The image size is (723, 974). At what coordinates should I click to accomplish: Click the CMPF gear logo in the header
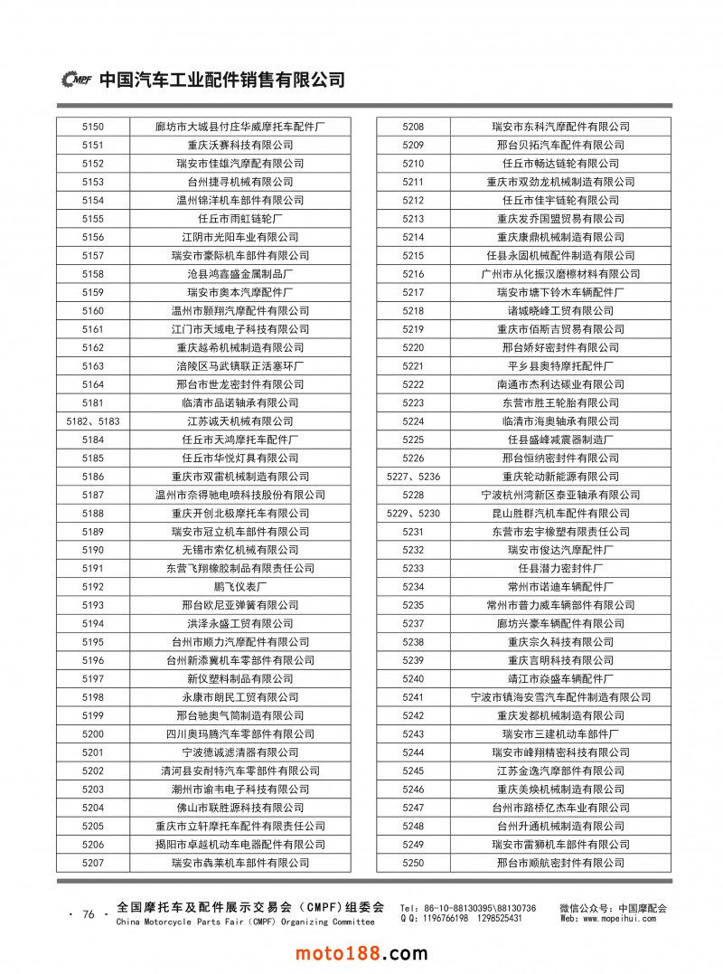tap(77, 80)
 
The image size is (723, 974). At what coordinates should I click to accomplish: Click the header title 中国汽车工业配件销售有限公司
tap(221, 80)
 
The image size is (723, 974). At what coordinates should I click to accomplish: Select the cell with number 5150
tap(93, 127)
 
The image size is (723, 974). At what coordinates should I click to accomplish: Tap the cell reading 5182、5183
tap(93, 421)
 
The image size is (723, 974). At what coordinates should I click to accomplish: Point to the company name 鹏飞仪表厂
tap(239, 587)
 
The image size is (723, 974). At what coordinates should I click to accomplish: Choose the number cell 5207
tap(93, 863)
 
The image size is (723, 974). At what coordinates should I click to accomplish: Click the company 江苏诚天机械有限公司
tap(239, 421)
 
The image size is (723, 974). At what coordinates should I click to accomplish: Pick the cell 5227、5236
tap(413, 477)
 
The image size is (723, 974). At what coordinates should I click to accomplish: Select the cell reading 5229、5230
tap(413, 513)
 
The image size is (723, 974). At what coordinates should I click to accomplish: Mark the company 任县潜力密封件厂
tap(560, 569)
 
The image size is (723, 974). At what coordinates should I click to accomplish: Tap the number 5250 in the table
tap(413, 863)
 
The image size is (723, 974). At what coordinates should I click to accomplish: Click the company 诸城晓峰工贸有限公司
tap(560, 311)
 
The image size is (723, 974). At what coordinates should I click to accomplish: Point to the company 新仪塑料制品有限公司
tap(239, 679)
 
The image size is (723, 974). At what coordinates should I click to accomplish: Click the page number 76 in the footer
tap(89, 914)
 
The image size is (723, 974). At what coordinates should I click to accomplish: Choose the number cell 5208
tap(413, 127)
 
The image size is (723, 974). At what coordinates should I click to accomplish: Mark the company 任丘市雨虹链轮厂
tap(239, 219)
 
